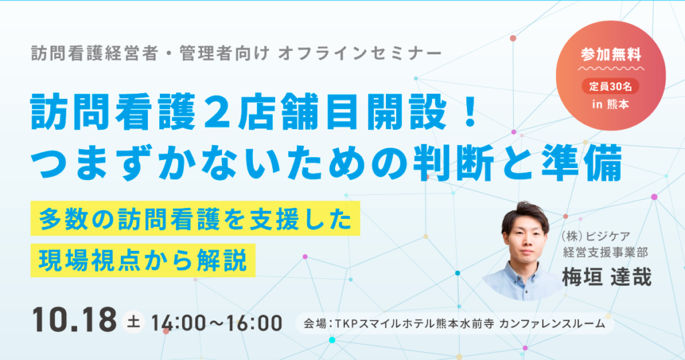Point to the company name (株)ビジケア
(594, 235)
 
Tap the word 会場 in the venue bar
(314, 324)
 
